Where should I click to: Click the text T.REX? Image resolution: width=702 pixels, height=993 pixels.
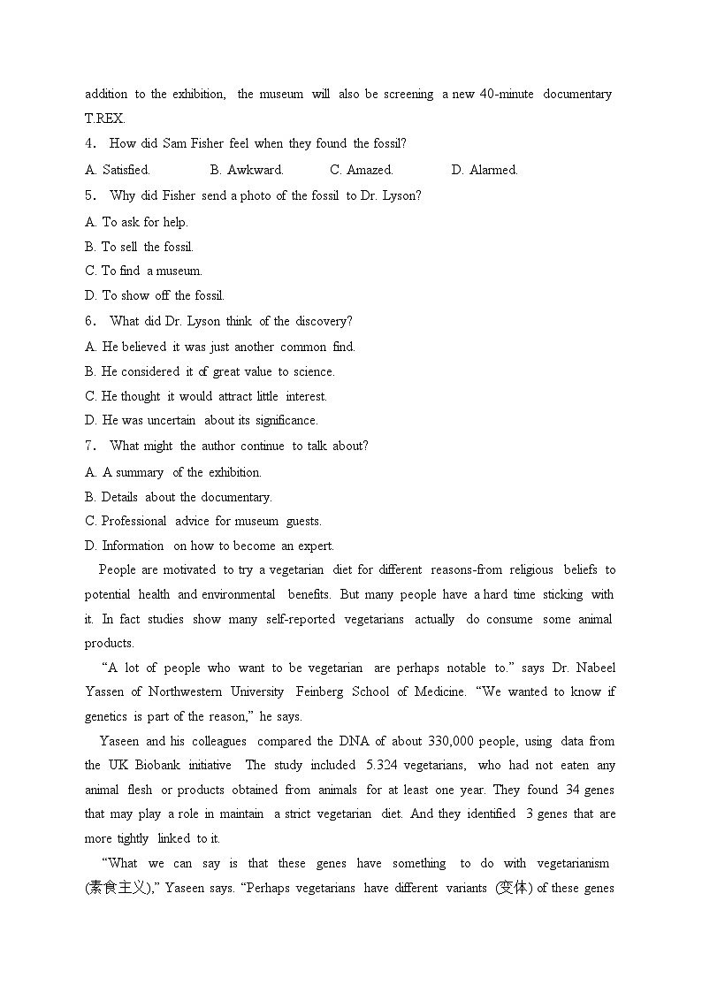click(x=104, y=118)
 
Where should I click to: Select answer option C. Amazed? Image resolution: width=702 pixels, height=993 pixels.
click(x=361, y=170)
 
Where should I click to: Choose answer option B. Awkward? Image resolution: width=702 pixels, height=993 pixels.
click(x=247, y=170)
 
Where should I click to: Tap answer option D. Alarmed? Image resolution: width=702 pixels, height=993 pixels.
click(x=485, y=170)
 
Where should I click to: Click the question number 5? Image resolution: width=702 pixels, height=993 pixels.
click(x=89, y=195)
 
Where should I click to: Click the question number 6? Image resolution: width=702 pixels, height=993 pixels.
click(x=89, y=321)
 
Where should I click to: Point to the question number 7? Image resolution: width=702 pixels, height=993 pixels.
click(x=89, y=446)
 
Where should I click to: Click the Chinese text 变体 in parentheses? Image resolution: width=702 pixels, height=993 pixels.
click(x=514, y=888)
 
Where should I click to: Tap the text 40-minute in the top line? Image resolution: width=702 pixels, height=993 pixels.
click(x=507, y=94)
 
